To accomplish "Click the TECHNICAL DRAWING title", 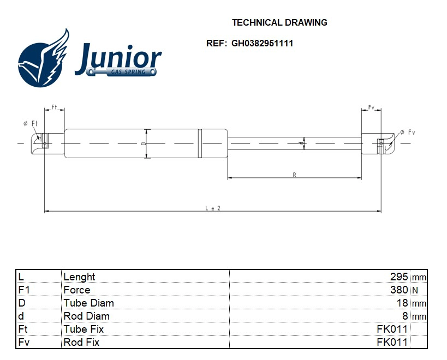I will click(279, 23).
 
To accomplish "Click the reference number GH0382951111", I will click(262, 43).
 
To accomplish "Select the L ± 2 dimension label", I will click(213, 208).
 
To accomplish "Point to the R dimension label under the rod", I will click(294, 175).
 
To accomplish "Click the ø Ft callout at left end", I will click(31, 124).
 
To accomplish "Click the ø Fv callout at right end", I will click(408, 133).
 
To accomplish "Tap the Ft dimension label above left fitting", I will click(55, 106).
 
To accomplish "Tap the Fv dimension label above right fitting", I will click(371, 107).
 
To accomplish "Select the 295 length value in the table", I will click(399, 277).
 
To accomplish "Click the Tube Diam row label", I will click(88, 303).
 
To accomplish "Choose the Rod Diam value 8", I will click(405, 316).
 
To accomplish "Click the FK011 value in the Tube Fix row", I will click(392, 329).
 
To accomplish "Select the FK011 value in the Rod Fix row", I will click(392, 343).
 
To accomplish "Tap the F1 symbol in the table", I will click(23, 290).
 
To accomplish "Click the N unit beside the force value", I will click(415, 291).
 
